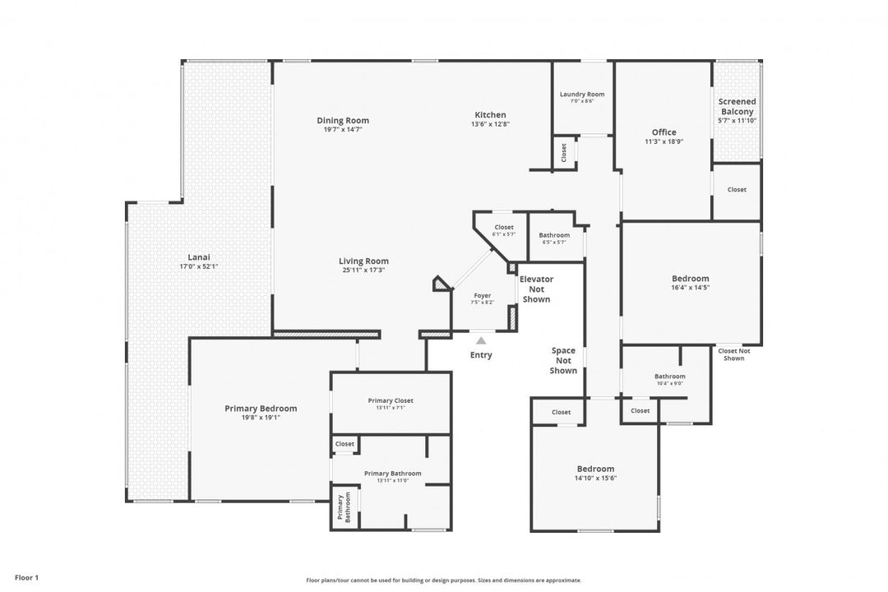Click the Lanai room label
199,257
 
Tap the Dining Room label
343,120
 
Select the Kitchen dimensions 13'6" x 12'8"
490,124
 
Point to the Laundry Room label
582,94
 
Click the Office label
664,132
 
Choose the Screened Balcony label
737,106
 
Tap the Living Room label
364,261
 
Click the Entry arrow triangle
481,340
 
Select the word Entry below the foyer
481,355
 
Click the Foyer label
483,295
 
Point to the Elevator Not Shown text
536,289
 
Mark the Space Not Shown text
563,360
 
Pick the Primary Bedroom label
261,408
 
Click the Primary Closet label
391,400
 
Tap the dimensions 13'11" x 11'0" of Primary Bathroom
392,480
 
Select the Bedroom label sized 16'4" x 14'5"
690,278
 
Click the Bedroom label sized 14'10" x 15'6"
594,469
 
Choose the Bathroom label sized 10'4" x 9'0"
670,376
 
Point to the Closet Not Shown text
734,354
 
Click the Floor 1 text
26,578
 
